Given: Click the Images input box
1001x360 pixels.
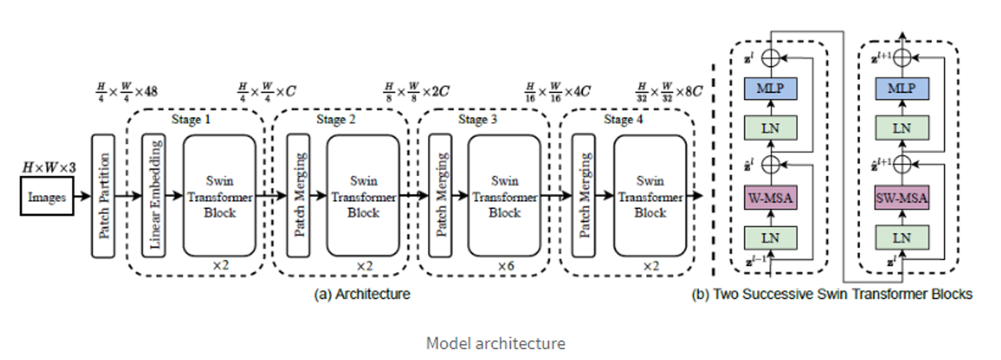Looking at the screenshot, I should click(x=47, y=196).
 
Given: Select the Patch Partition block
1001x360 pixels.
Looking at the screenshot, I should click(x=103, y=196).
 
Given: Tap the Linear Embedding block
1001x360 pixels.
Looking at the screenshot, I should click(x=154, y=196).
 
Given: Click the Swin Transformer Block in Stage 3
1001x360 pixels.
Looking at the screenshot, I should click(x=504, y=196).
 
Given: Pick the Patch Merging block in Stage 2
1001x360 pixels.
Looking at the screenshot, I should click(x=298, y=196).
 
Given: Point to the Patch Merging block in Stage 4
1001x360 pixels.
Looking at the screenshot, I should click(x=584, y=196).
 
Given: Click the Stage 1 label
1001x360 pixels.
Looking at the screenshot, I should click(x=191, y=119).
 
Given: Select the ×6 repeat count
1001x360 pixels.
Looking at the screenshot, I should click(x=506, y=266).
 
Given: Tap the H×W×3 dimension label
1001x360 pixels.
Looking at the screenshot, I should click(x=49, y=167).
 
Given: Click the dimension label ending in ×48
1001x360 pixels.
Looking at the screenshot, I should click(x=127, y=92).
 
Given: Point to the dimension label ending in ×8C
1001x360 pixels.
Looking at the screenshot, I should click(x=669, y=92).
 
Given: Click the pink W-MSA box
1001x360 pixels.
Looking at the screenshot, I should click(x=770, y=198).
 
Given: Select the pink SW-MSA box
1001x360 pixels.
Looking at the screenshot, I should click(x=902, y=198).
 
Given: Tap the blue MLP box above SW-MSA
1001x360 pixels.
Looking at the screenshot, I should click(x=902, y=89).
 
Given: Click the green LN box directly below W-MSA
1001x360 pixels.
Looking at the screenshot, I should click(x=770, y=238).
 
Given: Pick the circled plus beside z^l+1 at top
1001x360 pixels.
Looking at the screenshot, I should click(x=902, y=58).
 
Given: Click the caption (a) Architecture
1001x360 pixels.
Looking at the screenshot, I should click(x=362, y=294).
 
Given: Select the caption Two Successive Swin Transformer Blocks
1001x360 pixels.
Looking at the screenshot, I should click(x=832, y=294).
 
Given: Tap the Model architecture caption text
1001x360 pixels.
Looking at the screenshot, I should click(x=495, y=343).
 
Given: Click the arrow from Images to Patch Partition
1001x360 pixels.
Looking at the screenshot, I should click(x=82, y=196).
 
